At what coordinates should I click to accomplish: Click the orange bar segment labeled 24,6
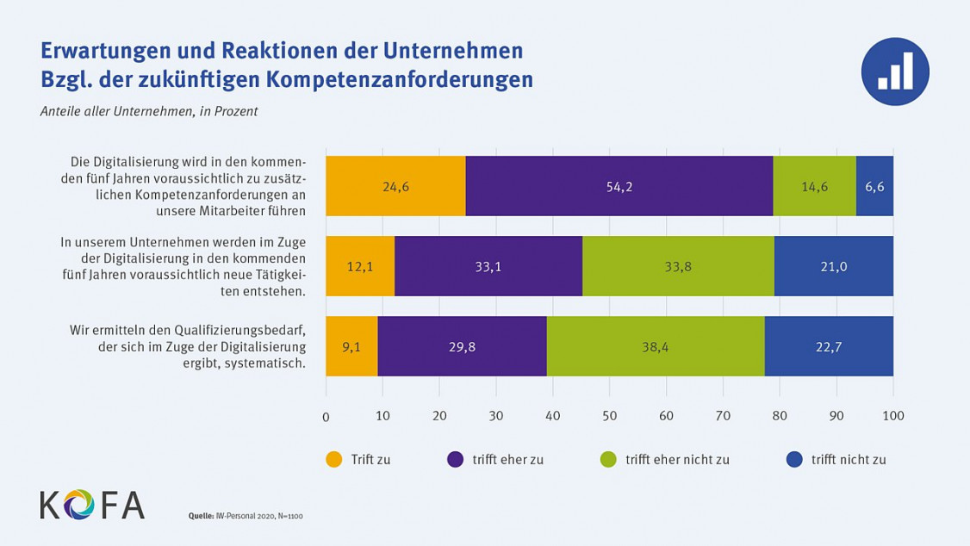[x=395, y=186]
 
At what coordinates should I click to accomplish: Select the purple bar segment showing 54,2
[x=619, y=186]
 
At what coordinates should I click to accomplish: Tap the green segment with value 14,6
[x=814, y=186]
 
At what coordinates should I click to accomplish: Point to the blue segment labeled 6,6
[x=874, y=186]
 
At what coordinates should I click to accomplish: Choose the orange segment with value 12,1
[x=360, y=266]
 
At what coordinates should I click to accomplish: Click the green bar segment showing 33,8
[x=678, y=266]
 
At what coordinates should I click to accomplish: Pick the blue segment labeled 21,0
[x=833, y=266]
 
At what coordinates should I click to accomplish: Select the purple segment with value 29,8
[x=462, y=346]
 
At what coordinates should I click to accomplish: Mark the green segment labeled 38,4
[x=655, y=346]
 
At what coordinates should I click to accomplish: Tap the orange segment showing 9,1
[x=351, y=346]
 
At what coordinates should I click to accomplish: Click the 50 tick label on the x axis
[x=609, y=417]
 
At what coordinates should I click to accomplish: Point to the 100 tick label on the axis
[x=893, y=417]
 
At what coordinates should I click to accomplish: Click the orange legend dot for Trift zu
[x=334, y=459]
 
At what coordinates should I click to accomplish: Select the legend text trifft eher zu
[x=507, y=460]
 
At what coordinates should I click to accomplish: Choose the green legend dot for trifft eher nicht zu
[x=609, y=459]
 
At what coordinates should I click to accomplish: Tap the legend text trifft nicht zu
[x=848, y=460]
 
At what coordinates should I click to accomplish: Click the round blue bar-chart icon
[x=894, y=71]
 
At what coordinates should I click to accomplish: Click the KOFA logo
[x=92, y=505]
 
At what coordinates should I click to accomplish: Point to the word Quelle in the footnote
[x=202, y=516]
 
